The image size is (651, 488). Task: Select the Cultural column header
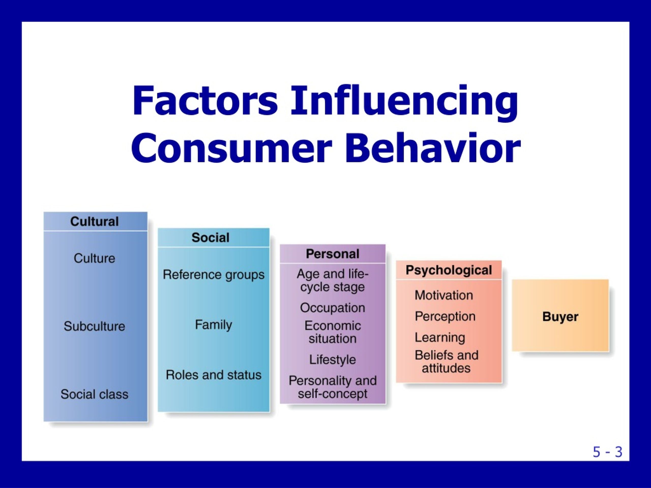point(95,221)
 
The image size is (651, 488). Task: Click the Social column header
point(210,238)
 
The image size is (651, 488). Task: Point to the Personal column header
point(333,254)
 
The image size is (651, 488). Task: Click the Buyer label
point(560,317)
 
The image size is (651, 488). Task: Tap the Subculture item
point(95,326)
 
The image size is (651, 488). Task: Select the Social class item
point(95,394)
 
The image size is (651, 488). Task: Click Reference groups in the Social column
point(214,275)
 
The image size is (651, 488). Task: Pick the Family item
point(214,325)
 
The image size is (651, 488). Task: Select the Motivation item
point(444,295)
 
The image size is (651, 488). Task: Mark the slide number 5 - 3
point(608,452)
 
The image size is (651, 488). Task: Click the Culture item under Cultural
point(95,258)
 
